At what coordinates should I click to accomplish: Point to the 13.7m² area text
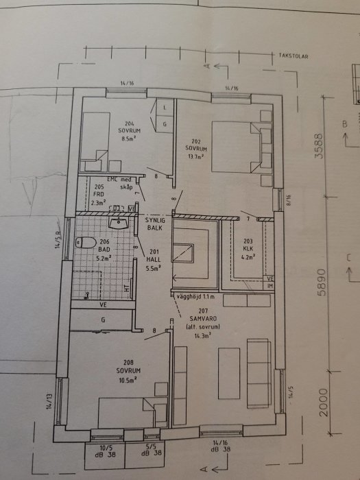[197, 156]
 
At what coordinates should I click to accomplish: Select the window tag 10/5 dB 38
[99, 449]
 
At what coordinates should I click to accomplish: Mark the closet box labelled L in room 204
[165, 107]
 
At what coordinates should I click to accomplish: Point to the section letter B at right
[344, 124]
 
